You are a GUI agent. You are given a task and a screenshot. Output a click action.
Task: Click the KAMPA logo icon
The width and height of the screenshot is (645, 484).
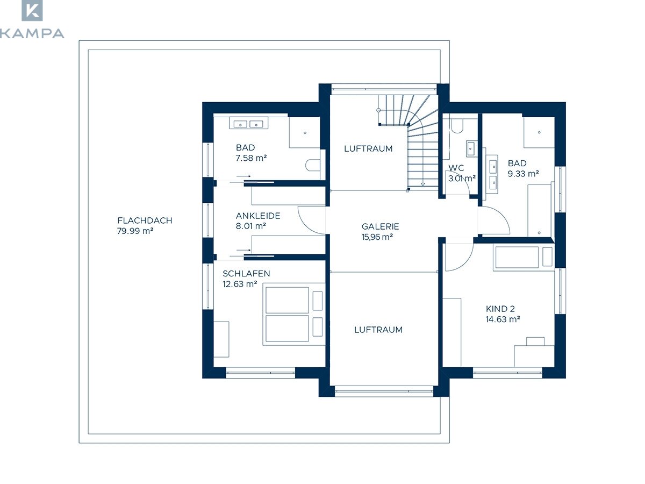pyautogui.click(x=32, y=10)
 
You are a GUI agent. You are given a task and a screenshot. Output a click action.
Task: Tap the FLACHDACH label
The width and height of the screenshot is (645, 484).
pyautogui.click(x=145, y=220)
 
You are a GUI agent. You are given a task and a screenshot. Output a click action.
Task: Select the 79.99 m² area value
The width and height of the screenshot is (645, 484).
pyautogui.click(x=135, y=231)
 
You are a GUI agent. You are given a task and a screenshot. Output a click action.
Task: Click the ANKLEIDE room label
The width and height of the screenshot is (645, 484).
pyautogui.click(x=257, y=216)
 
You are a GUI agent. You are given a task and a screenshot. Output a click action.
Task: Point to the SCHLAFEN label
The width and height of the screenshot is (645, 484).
pyautogui.click(x=246, y=274)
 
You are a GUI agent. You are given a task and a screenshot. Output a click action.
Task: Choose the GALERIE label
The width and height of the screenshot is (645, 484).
pyautogui.click(x=380, y=226)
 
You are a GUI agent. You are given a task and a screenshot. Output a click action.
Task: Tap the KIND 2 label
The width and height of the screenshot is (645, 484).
pyautogui.click(x=500, y=309)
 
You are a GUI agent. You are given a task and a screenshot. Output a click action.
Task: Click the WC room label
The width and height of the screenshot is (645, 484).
pyautogui.click(x=456, y=168)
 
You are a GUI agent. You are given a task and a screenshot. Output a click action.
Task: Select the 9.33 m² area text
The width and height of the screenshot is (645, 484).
pyautogui.click(x=524, y=174)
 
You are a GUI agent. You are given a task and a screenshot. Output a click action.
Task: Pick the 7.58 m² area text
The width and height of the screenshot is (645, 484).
pyautogui.click(x=251, y=158)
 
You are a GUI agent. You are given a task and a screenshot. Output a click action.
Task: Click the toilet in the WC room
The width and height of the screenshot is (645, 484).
pyautogui.click(x=457, y=125)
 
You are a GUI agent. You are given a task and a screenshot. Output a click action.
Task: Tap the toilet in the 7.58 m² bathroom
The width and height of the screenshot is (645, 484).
pyautogui.click(x=313, y=165)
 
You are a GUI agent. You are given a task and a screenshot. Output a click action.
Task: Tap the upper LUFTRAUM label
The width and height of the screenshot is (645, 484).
pyautogui.click(x=368, y=149)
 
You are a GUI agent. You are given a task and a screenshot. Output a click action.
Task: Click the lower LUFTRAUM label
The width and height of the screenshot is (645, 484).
pyautogui.click(x=378, y=330)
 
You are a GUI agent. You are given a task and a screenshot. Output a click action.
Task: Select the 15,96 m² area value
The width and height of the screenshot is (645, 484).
pyautogui.click(x=377, y=237)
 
